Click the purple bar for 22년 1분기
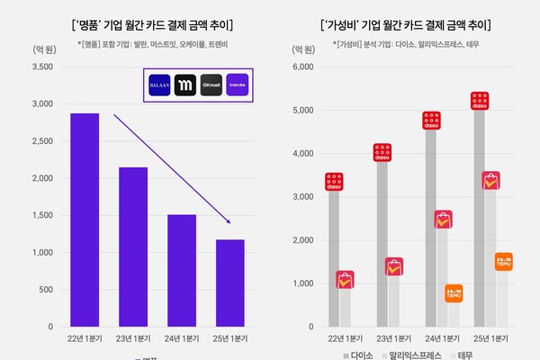pyautogui.click(x=85, y=220)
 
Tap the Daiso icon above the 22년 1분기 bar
pyautogui.click(x=335, y=183)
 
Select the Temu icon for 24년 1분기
pyautogui.click(x=454, y=293)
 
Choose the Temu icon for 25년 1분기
pyautogui.click(x=504, y=262)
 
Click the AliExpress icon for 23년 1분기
pyautogui.click(x=394, y=266)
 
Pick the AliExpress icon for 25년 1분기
pyautogui.click(x=490, y=181)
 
